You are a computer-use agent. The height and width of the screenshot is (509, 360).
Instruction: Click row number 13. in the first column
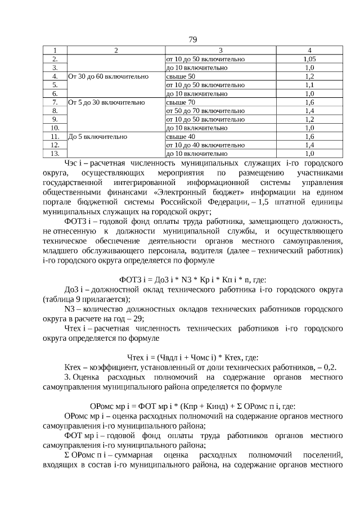pyautogui.click(x=55, y=153)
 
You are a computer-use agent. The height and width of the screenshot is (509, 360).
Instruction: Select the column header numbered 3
pyautogui.click(x=220, y=50)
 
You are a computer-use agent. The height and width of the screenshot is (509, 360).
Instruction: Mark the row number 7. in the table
pyautogui.click(x=55, y=102)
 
